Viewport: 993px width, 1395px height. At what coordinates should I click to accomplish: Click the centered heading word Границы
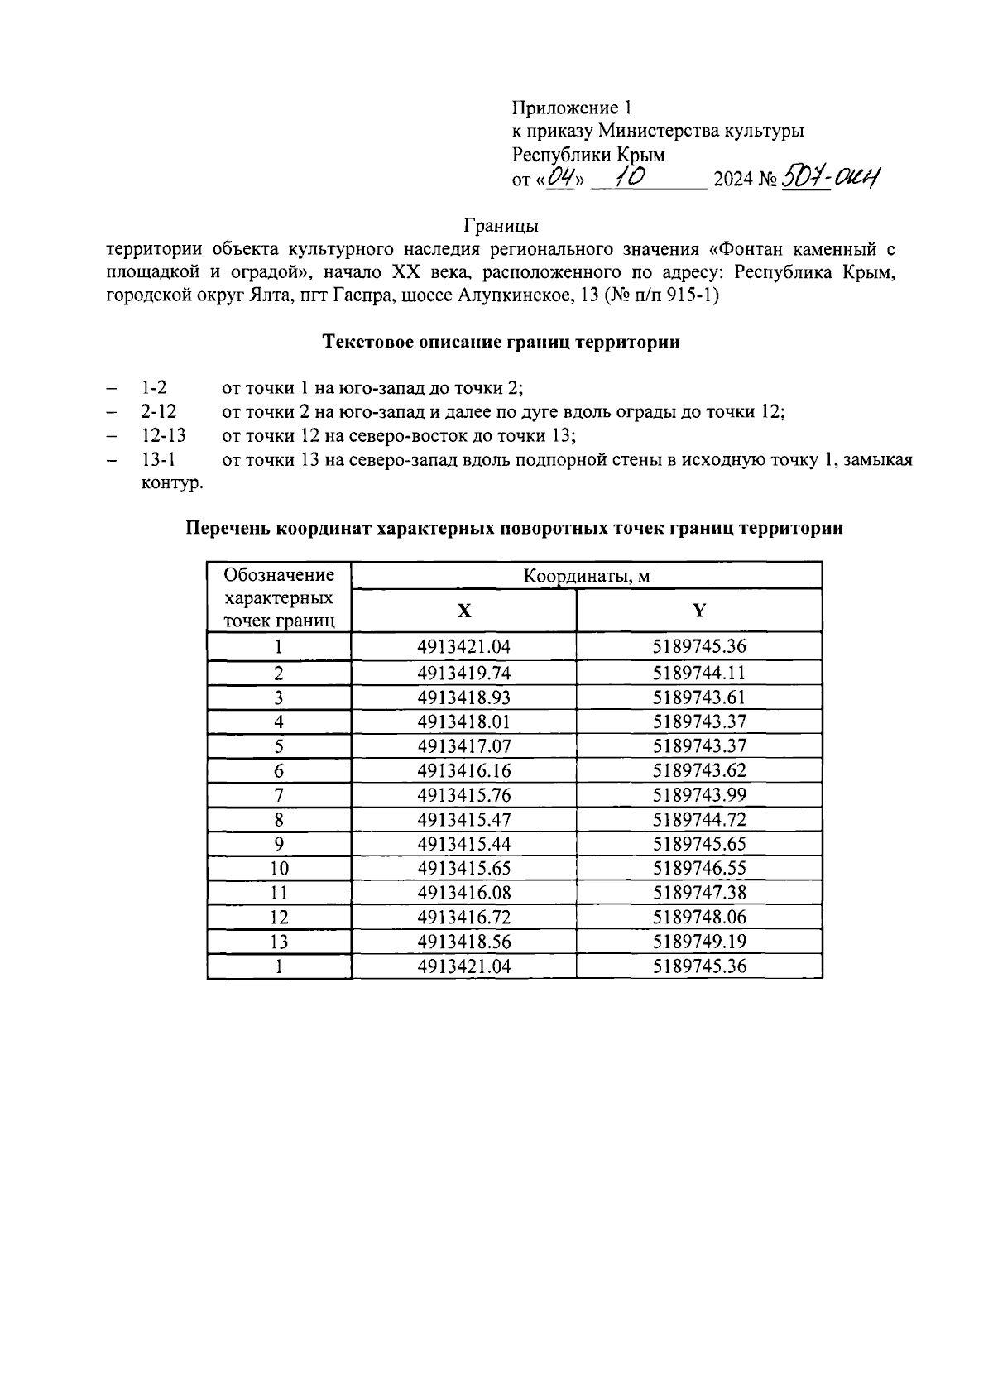pos(501,225)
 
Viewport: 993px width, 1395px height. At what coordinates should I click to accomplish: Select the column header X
pos(464,611)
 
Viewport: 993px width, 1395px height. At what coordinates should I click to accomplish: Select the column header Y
pos(699,611)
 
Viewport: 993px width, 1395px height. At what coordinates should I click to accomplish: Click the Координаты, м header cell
pos(586,576)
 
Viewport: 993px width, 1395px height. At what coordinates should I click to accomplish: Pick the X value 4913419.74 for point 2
pos(464,673)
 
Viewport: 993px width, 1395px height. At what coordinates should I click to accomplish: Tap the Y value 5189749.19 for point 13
pos(699,942)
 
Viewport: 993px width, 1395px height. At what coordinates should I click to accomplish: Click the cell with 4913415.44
pos(464,844)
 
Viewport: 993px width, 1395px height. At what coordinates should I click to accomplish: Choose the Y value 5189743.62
pos(699,770)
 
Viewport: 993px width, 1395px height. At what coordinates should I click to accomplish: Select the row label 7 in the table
pos(279,795)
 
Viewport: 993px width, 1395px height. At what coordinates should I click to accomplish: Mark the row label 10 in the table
pos(279,869)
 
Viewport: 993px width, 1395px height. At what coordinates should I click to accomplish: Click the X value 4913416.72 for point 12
pos(464,918)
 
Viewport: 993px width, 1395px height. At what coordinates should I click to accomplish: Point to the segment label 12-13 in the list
pos(163,435)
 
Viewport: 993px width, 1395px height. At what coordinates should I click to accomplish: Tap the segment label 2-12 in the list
pos(158,411)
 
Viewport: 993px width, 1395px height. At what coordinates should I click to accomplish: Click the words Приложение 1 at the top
pos(572,108)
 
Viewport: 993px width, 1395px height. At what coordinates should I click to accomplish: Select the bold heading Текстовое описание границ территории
pos(501,342)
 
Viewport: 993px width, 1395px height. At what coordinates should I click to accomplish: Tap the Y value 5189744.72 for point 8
pos(699,820)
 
